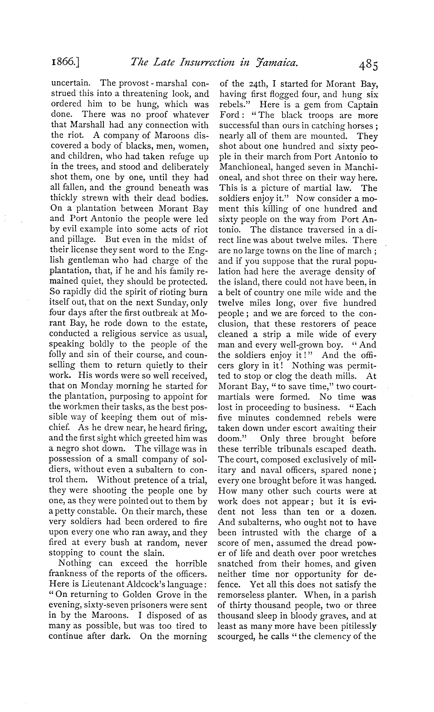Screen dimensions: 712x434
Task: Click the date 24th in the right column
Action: point(255,84)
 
